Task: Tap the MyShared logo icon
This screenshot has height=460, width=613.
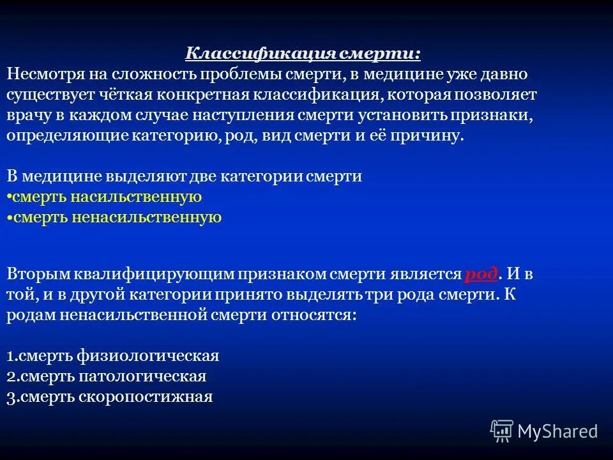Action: [x=502, y=431]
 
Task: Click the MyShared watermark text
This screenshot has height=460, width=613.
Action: [x=557, y=431]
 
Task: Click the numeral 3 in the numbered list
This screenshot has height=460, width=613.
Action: [x=11, y=397]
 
